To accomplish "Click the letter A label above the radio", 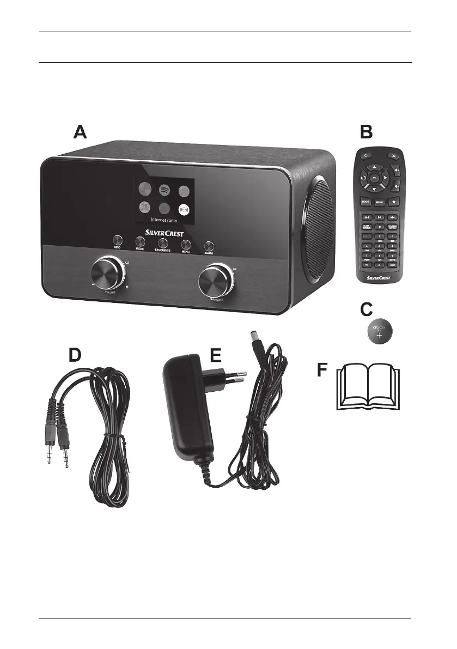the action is (x=81, y=132).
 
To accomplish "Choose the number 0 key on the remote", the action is (x=378, y=265).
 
